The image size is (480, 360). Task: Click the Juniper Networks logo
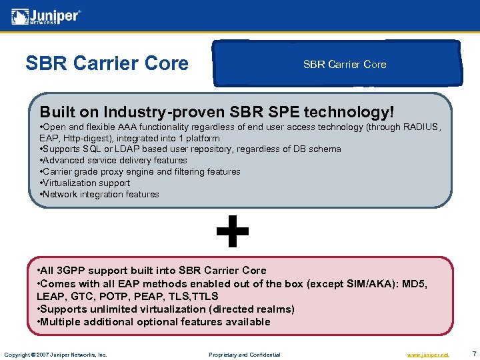point(45,17)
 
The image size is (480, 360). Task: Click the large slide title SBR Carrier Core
point(107,63)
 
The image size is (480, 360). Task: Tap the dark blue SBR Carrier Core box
point(344,65)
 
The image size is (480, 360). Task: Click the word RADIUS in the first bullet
point(421,127)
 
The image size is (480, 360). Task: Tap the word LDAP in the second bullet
point(133,149)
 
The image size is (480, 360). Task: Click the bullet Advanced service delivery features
point(114,161)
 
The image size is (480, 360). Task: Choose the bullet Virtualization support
point(85,183)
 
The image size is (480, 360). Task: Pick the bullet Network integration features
point(100,195)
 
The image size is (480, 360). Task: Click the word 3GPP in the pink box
point(75,271)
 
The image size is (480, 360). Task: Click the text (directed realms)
point(252,309)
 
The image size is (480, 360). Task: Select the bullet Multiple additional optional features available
point(154,322)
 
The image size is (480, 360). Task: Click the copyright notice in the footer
point(55,355)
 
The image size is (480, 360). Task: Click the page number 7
point(472,354)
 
